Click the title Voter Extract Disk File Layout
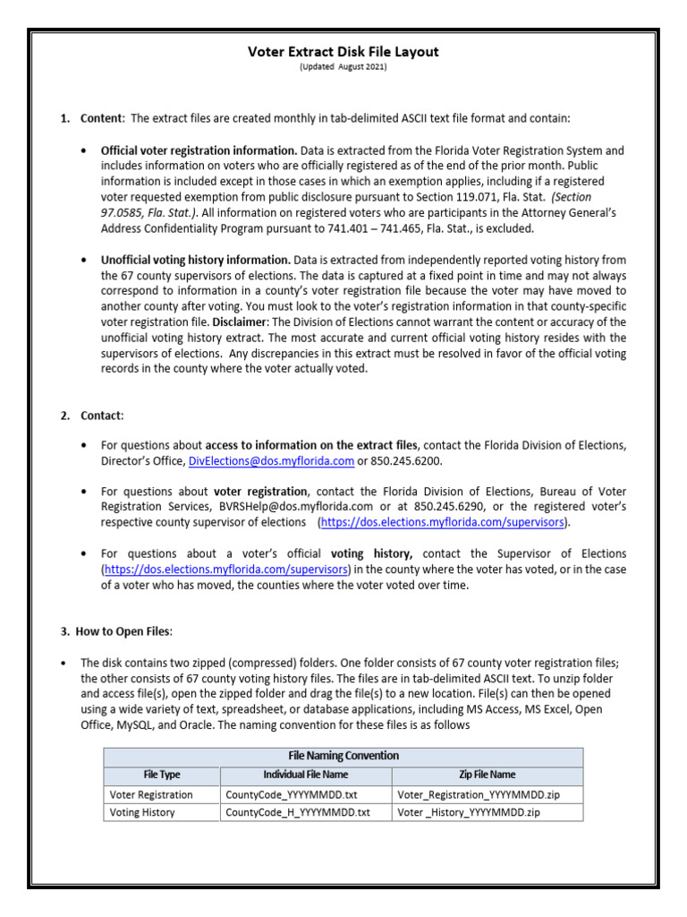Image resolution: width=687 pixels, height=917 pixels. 343,52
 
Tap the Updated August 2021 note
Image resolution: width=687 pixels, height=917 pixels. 343,67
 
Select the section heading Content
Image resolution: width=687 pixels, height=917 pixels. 103,118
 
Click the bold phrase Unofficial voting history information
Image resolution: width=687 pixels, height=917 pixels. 195,260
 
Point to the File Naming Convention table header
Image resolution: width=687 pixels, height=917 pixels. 343,756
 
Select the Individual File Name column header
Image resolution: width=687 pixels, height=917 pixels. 305,775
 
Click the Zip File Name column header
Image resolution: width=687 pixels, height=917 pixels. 487,775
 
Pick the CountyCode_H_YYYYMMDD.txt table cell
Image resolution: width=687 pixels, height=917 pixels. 297,812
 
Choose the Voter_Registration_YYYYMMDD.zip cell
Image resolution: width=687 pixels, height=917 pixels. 479,794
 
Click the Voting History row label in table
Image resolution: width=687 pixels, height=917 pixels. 142,812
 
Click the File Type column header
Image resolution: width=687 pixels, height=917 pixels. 162,775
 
